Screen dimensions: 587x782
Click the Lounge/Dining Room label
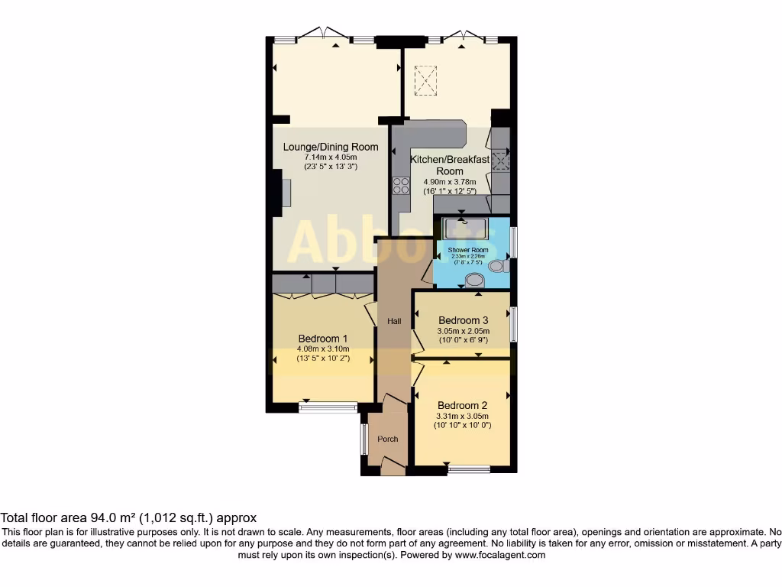(x=331, y=147)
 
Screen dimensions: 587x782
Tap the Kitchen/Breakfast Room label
(x=449, y=165)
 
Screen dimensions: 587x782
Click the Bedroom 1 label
(x=323, y=339)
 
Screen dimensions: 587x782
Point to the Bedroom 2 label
(x=462, y=405)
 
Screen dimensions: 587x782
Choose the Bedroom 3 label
(x=463, y=320)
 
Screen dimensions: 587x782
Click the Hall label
(x=394, y=322)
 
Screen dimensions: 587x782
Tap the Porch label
(x=388, y=439)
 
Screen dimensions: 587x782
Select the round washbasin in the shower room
(x=474, y=281)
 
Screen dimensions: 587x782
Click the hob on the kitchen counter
(x=401, y=186)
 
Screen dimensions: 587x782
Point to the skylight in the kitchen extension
(x=423, y=77)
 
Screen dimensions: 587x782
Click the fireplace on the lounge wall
(x=285, y=192)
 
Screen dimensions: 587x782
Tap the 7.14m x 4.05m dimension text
(x=331, y=157)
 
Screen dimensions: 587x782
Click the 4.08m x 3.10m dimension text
(x=323, y=349)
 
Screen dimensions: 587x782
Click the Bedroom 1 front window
(x=328, y=407)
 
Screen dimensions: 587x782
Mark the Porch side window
(x=364, y=439)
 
